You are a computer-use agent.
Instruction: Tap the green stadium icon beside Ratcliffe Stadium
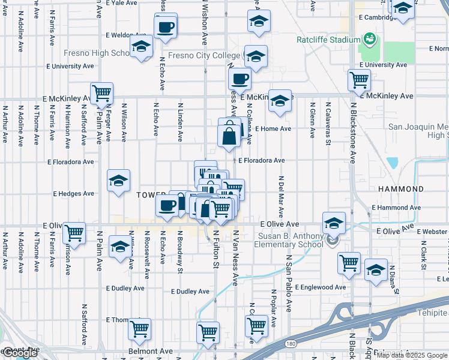pos(369,40)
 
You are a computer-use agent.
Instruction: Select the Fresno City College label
pos(204,56)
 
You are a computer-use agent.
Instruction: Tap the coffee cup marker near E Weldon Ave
pos(166,26)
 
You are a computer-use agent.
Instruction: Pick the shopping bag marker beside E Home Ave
pos(229,134)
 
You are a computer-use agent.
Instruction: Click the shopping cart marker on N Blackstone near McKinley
pos(359,80)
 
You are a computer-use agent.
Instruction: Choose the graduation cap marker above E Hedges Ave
pos(119,181)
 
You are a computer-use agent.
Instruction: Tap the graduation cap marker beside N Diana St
pos(376,270)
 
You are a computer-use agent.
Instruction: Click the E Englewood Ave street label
pos(320,287)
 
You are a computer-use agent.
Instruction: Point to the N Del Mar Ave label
pos(280,198)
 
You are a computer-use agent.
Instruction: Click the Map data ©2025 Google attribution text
pos(412,355)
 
